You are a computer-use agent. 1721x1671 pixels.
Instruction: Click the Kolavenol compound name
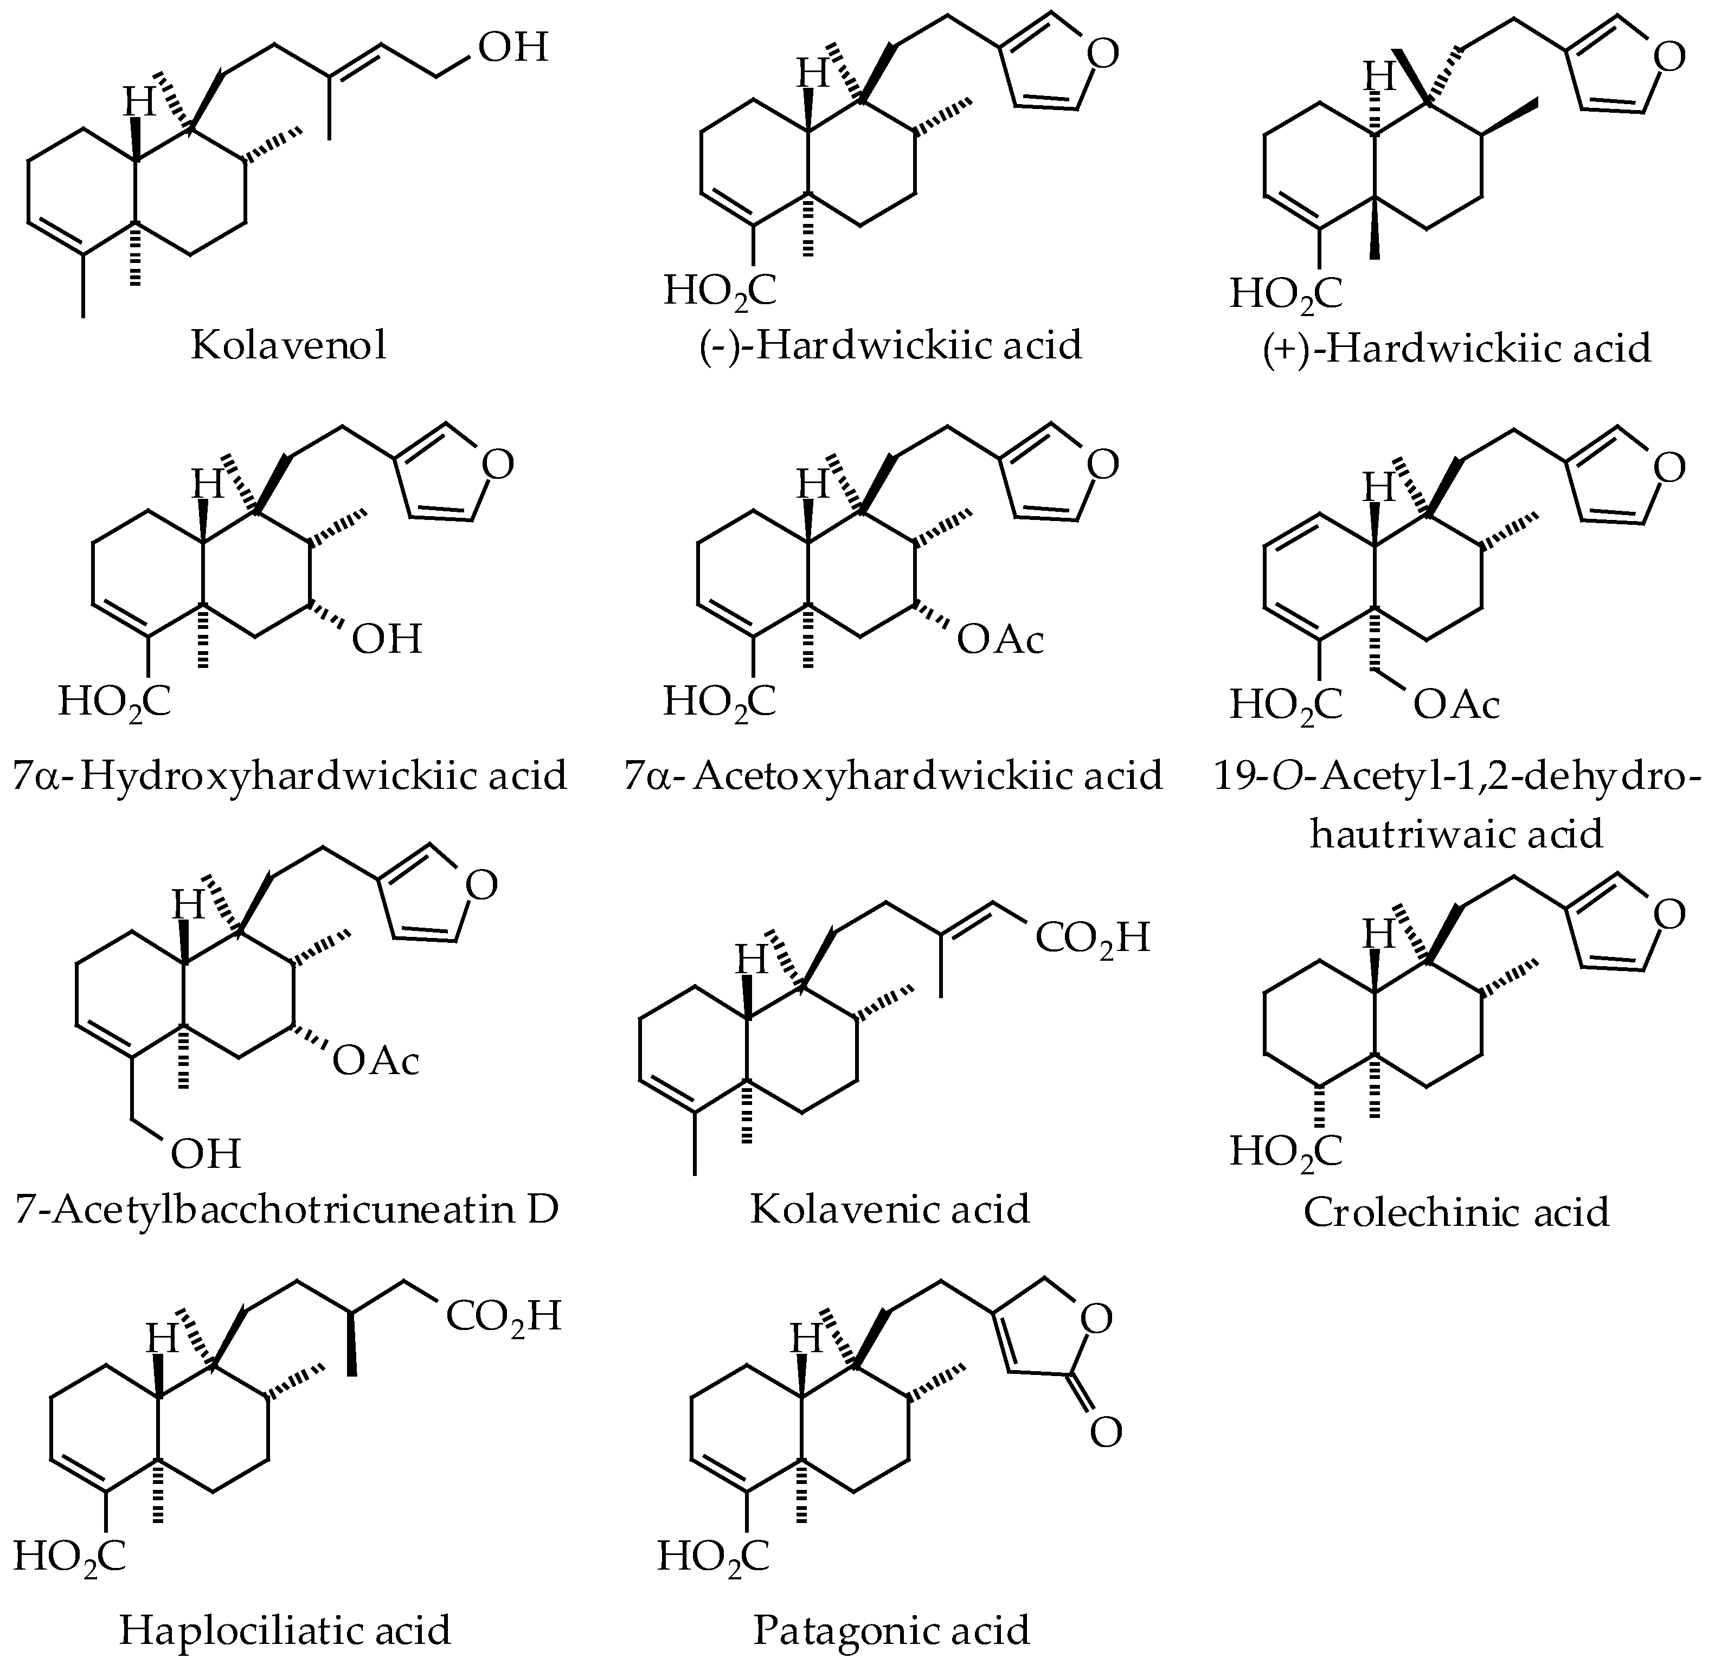[289, 346]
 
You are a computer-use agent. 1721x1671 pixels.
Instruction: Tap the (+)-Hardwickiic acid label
[1457, 349]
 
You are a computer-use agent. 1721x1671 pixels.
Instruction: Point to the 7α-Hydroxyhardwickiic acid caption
[290, 776]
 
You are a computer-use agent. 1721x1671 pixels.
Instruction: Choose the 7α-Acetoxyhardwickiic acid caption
[893, 776]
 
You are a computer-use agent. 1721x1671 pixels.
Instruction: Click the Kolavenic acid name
[889, 1209]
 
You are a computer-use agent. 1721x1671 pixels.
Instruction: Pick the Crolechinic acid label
[1456, 1213]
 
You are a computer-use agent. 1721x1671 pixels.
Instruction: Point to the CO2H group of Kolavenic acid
[1091, 938]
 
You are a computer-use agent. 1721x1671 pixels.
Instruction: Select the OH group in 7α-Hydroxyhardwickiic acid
[387, 639]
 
